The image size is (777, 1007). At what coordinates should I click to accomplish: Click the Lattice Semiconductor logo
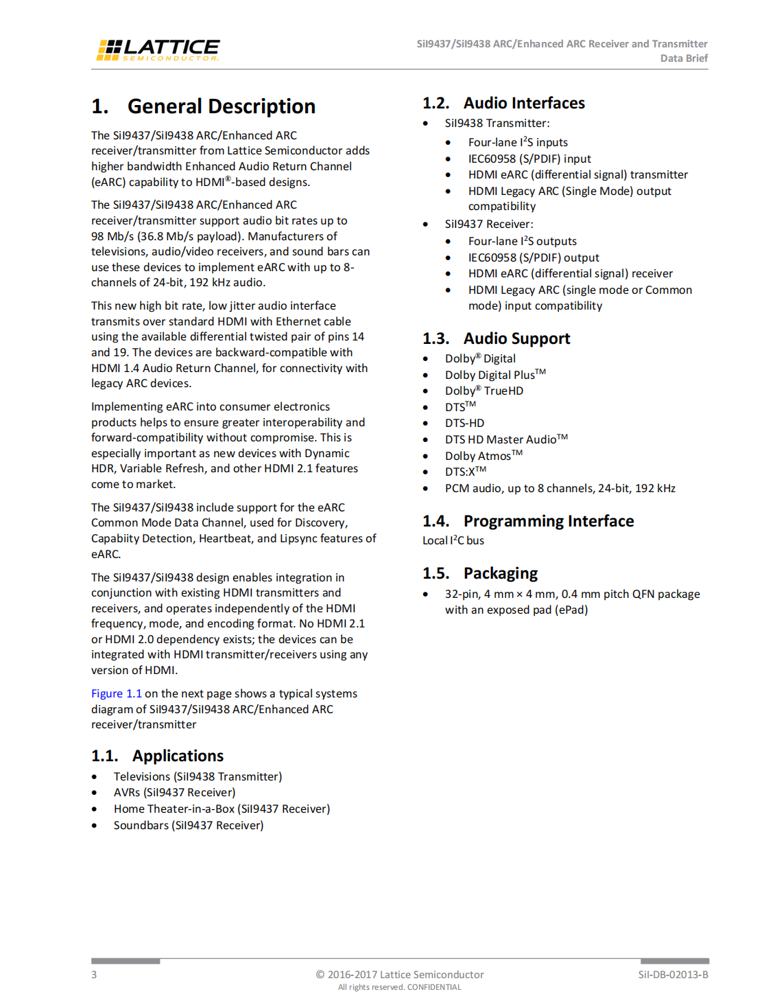[158, 49]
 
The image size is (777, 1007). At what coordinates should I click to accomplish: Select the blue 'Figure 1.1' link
[117, 693]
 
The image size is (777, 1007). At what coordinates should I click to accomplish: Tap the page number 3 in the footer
[94, 975]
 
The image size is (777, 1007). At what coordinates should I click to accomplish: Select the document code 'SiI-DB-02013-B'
[673, 975]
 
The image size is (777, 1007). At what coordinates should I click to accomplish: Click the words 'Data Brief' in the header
[684, 58]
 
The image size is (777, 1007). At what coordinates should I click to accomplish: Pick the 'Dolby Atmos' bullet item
[483, 456]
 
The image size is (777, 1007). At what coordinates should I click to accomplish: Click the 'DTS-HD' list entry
[464, 423]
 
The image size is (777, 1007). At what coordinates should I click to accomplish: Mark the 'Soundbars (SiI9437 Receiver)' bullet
[189, 825]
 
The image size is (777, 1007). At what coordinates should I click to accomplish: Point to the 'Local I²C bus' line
[453, 541]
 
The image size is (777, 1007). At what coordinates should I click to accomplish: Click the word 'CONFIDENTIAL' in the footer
[434, 987]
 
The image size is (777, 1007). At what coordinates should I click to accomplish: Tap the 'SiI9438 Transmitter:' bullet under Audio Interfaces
[497, 124]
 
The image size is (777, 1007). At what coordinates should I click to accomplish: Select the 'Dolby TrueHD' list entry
[483, 391]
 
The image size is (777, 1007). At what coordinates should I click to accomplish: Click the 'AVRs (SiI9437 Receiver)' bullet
[174, 792]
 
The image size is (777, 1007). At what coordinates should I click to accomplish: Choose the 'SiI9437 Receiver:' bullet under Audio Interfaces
[489, 224]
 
